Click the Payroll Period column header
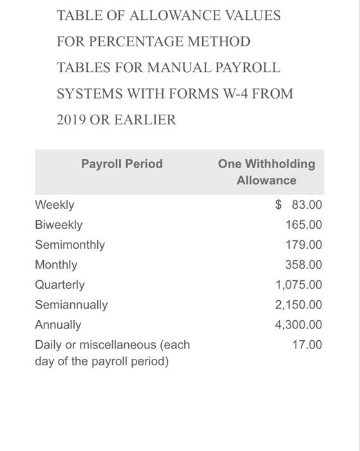(x=122, y=164)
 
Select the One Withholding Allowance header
(x=266, y=172)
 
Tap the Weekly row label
(x=55, y=205)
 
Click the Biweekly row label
(x=59, y=225)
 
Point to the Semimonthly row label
(x=70, y=245)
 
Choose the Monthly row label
(x=56, y=265)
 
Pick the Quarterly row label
(x=60, y=285)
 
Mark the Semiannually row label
(x=71, y=305)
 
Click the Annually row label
(x=58, y=325)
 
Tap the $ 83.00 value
(x=298, y=205)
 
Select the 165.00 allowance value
(x=304, y=225)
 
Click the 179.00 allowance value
(x=304, y=245)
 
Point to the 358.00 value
(x=304, y=265)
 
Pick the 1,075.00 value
(x=299, y=285)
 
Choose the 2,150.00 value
(x=299, y=305)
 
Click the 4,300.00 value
(x=299, y=325)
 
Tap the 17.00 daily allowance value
(x=307, y=345)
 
